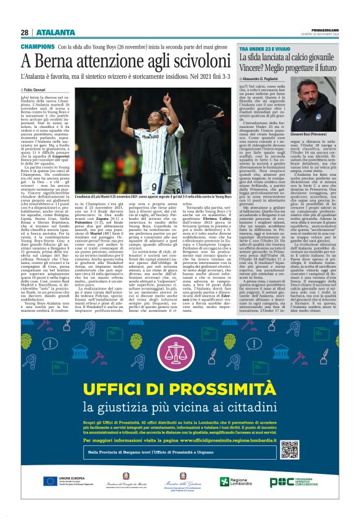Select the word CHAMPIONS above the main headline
[x=37, y=47]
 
